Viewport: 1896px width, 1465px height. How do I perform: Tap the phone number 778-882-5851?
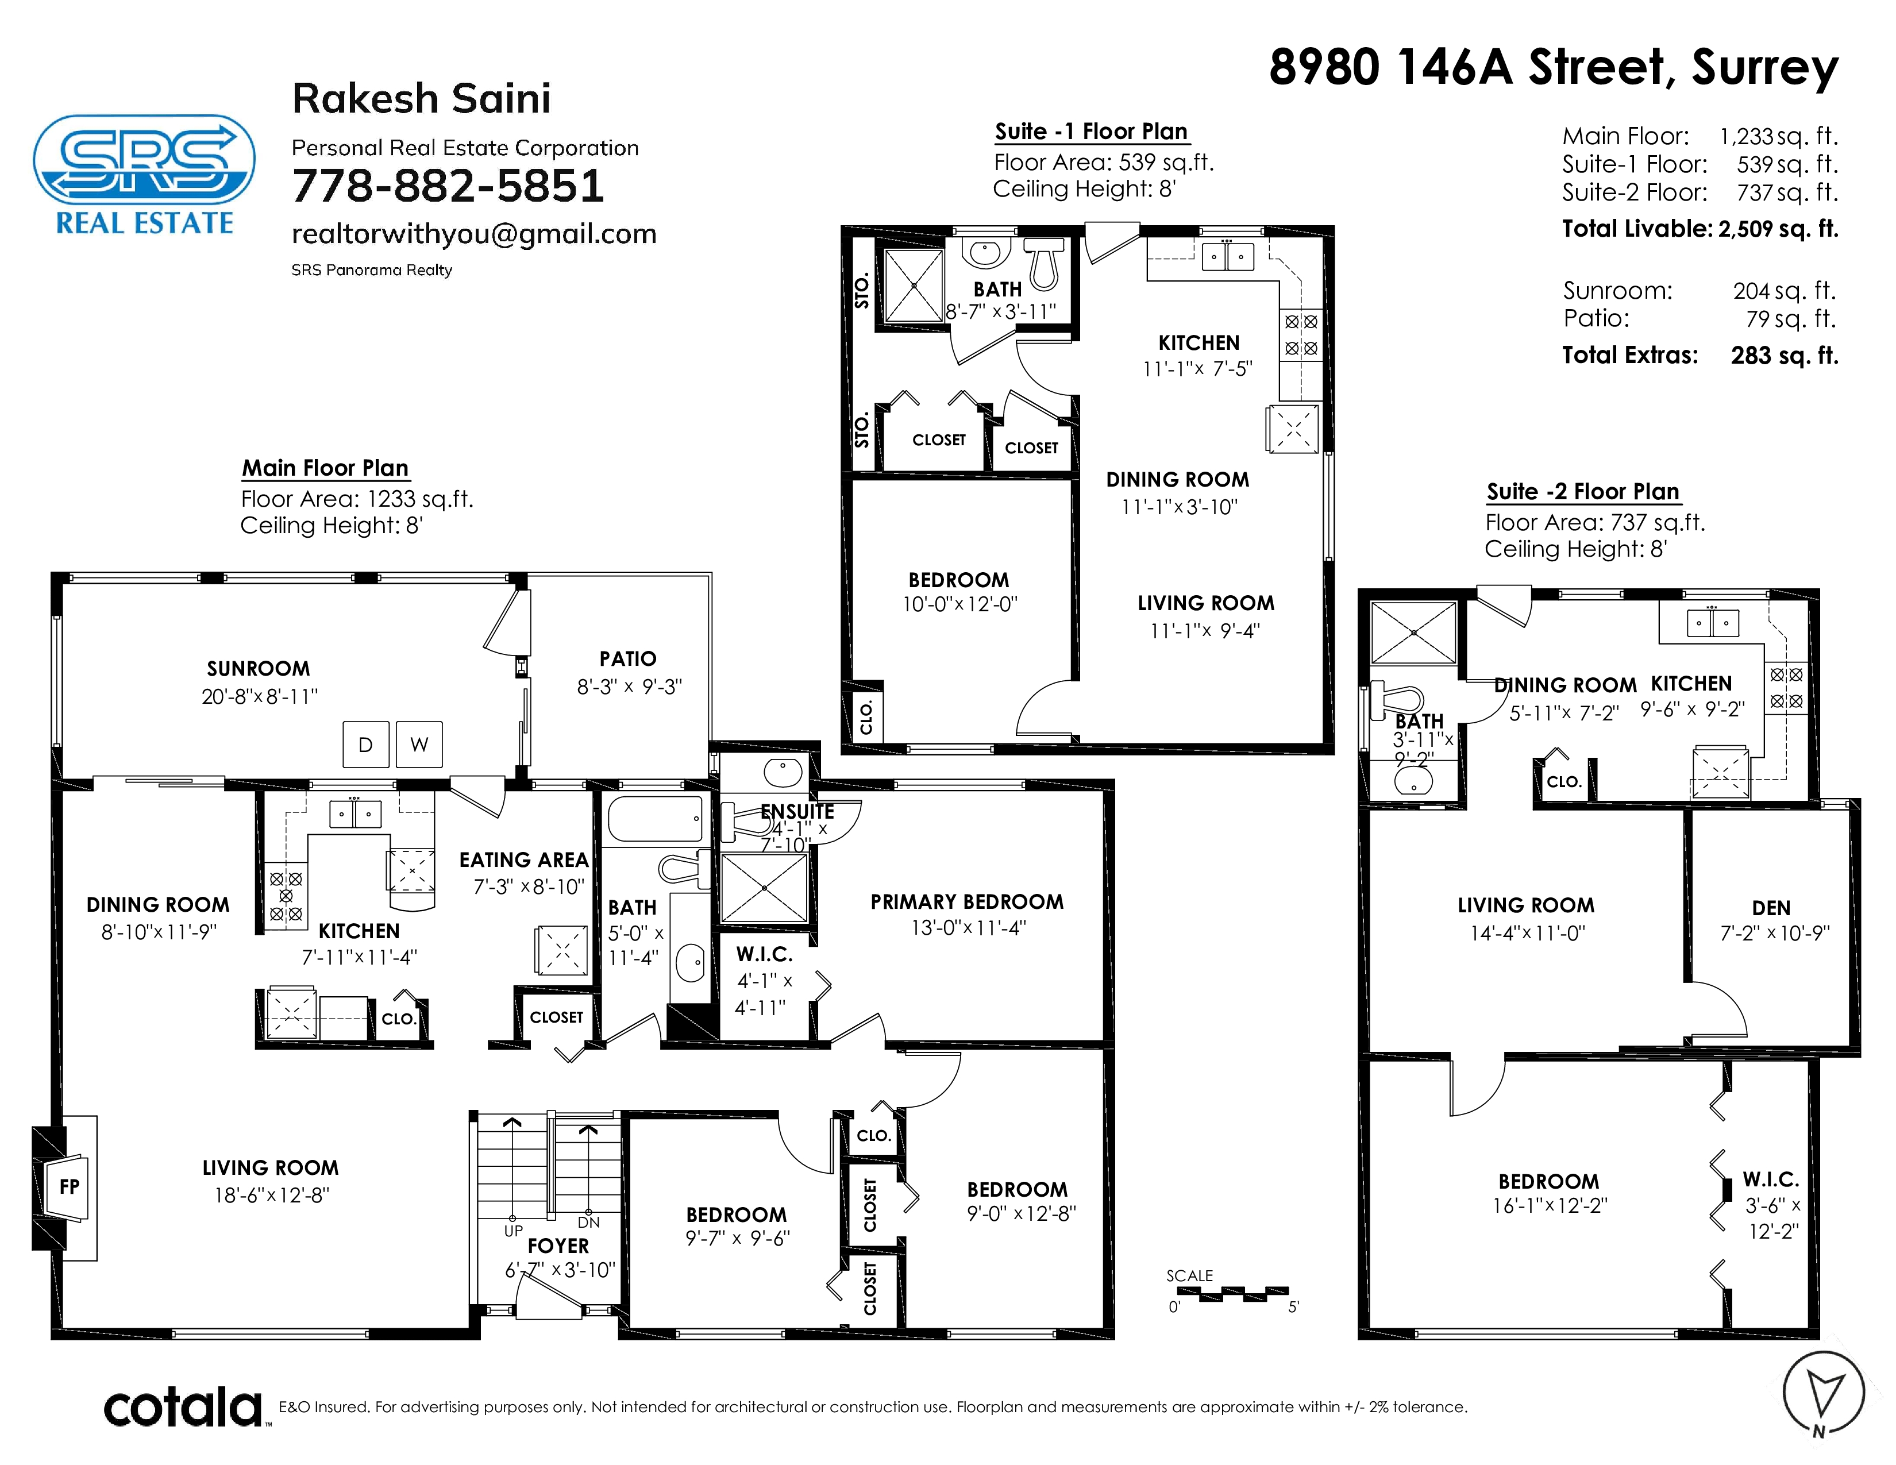tap(448, 186)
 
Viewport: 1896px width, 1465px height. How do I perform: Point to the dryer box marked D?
tap(365, 744)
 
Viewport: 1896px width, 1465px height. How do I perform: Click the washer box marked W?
tap(419, 744)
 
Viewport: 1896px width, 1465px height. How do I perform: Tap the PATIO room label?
tap(627, 659)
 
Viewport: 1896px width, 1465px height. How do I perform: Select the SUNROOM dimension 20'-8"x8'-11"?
tap(260, 696)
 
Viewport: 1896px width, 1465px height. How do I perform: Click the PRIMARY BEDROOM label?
tap(967, 902)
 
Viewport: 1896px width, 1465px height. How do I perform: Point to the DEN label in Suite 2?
tap(1771, 908)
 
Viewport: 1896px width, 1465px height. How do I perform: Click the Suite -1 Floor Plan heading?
tap(1091, 131)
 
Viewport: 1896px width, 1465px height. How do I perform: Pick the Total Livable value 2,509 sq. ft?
tap(1778, 229)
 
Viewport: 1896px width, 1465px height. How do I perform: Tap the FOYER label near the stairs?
tap(558, 1246)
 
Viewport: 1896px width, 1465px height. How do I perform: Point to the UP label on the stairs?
tap(513, 1231)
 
